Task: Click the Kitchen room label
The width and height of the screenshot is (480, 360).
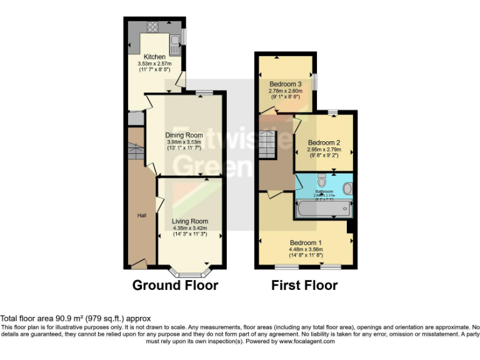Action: (154, 57)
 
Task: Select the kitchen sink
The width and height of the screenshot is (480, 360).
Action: (177, 41)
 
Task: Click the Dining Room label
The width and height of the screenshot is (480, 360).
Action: (184, 135)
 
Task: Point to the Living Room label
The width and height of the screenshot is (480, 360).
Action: (190, 221)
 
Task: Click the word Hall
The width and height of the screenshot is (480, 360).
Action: (142, 216)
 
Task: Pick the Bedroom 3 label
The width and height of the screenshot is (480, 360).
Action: (285, 84)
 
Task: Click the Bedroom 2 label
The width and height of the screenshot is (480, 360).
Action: (323, 142)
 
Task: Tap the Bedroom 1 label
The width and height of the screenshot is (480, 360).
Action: (306, 242)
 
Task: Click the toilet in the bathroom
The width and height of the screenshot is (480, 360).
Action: (321, 181)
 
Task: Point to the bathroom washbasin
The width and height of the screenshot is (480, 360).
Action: (347, 188)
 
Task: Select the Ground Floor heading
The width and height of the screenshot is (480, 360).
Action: (175, 286)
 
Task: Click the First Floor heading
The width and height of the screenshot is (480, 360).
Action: (304, 286)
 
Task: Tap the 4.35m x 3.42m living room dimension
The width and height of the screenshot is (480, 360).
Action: (190, 228)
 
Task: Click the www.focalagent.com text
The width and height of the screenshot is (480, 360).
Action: (306, 341)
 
